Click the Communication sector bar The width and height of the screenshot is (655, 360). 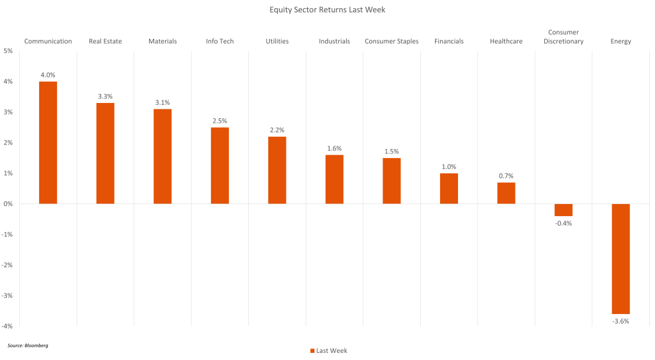48,143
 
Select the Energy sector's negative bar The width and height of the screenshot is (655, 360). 620,258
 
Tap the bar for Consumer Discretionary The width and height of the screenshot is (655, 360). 564,210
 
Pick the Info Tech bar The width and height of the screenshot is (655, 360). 219,166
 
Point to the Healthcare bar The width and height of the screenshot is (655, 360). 506,193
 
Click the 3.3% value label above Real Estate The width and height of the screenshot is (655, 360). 106,97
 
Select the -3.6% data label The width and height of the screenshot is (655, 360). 620,321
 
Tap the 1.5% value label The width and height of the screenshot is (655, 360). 391,152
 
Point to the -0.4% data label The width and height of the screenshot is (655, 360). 564,223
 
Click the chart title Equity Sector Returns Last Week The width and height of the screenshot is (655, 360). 327,10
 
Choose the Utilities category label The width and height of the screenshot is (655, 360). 277,42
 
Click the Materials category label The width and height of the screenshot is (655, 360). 162,42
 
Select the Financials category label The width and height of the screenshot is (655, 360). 449,42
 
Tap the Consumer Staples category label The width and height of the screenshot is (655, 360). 391,42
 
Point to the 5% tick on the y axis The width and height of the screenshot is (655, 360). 8,51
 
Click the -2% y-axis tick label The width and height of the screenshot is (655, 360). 8,265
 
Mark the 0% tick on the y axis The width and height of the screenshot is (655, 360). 8,204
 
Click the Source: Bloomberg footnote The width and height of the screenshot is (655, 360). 28,345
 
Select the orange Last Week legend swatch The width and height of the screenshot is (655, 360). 312,350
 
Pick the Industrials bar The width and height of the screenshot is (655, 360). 335,179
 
